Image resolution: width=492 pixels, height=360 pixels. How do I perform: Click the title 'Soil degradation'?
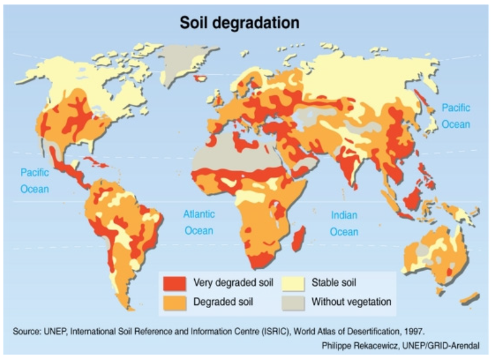point(240,22)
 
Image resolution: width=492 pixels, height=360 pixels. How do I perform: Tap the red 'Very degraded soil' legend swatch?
point(174,283)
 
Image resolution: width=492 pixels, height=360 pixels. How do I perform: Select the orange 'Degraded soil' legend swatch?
point(174,302)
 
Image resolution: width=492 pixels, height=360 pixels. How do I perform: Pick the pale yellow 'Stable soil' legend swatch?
point(293,283)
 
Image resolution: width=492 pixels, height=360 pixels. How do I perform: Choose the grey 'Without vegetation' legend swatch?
point(293,302)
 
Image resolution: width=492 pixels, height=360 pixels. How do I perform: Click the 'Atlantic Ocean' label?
point(199,222)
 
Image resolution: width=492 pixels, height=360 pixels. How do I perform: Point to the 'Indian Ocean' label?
point(344,223)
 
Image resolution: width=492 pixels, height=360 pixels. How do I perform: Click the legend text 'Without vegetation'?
point(351,302)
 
